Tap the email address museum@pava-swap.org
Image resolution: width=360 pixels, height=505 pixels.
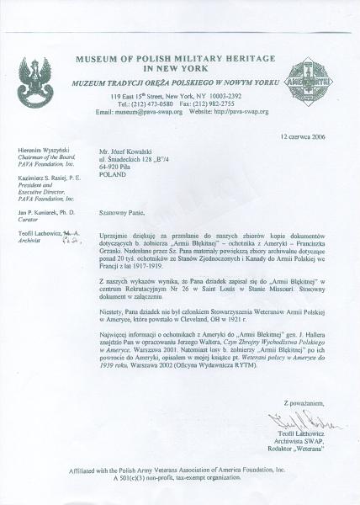coord(150,111)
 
